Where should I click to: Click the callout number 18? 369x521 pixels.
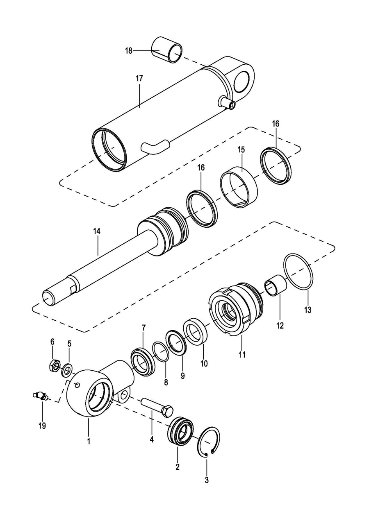[129, 50]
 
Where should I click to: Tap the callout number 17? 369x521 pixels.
[139, 78]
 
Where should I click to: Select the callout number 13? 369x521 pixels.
[307, 310]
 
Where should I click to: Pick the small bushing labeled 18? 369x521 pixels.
[167, 49]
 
